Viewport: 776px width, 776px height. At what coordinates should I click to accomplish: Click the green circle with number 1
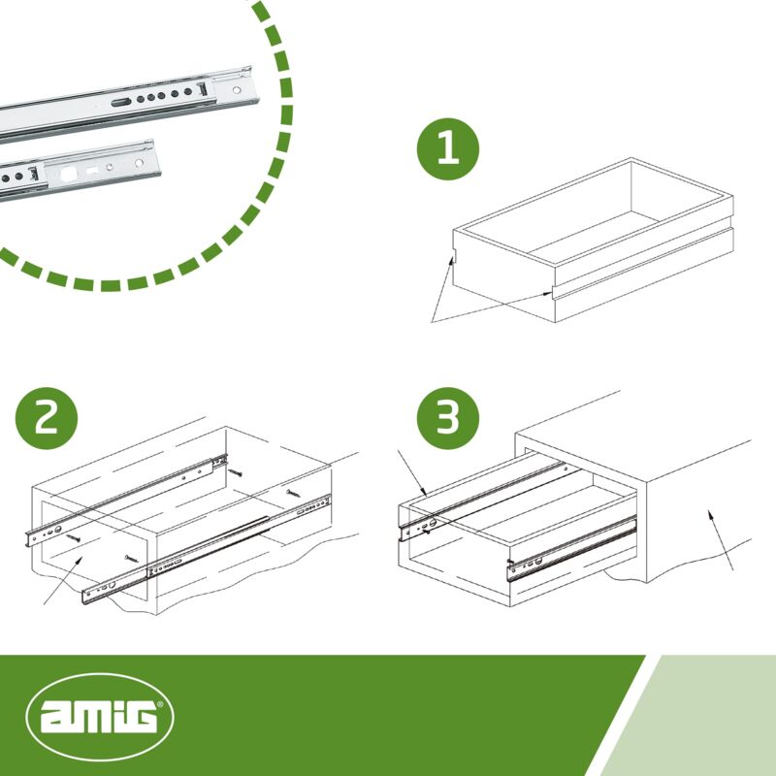448,149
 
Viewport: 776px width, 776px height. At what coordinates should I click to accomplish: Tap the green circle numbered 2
47,418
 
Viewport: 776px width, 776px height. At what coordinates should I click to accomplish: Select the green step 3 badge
448,418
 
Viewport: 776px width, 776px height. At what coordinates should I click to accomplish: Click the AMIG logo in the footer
100,717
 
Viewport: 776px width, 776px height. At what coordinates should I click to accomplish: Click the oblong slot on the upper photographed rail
121,103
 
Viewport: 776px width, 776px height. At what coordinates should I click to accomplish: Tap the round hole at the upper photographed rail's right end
237,90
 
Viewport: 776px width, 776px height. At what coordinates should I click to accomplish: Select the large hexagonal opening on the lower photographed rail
67,175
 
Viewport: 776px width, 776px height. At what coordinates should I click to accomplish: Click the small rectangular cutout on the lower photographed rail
92,171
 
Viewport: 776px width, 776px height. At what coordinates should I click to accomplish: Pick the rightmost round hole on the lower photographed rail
139,163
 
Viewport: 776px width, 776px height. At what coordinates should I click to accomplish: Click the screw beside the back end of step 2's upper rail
235,472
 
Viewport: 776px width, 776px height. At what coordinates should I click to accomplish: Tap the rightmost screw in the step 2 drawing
293,493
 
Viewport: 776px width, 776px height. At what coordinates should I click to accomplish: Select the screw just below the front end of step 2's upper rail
74,537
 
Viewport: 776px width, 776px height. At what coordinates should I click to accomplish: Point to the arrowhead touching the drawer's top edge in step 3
424,491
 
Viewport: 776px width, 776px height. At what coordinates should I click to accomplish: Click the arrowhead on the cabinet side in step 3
711,515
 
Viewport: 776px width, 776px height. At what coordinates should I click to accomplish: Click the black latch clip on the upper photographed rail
203,89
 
